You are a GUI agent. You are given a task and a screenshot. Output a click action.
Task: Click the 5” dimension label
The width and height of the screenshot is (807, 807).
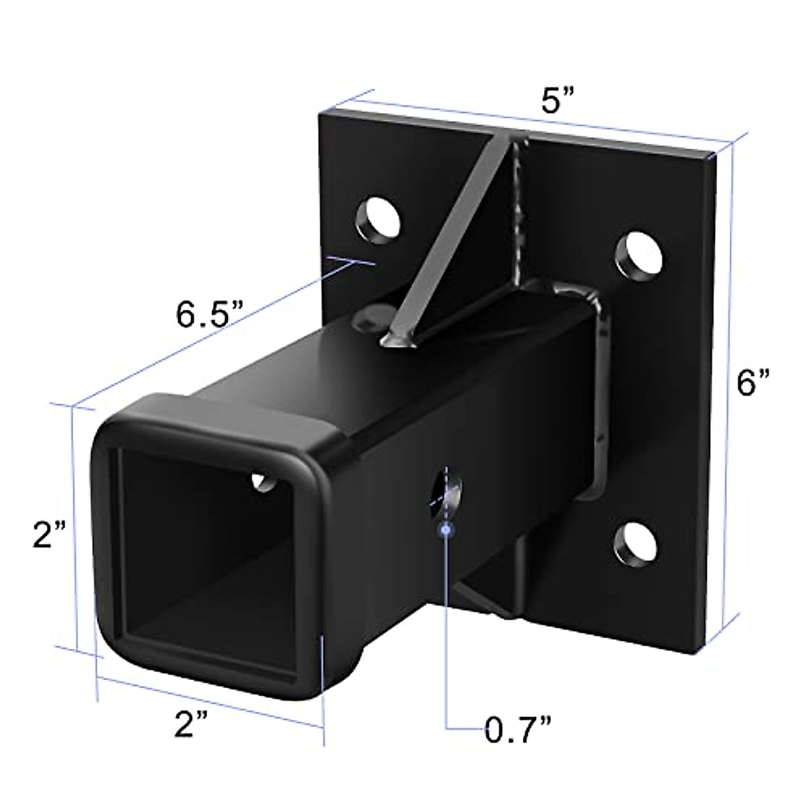[x=558, y=102]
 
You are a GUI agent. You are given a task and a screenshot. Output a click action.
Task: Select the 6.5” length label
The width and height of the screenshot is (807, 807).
[x=208, y=313]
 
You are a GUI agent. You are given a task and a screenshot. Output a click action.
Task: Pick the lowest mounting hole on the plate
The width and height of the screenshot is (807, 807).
[x=636, y=541]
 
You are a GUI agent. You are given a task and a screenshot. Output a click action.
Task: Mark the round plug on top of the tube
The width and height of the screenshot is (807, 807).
[x=371, y=316]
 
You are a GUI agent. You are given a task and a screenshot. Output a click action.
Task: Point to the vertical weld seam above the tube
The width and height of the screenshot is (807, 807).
[x=519, y=215]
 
